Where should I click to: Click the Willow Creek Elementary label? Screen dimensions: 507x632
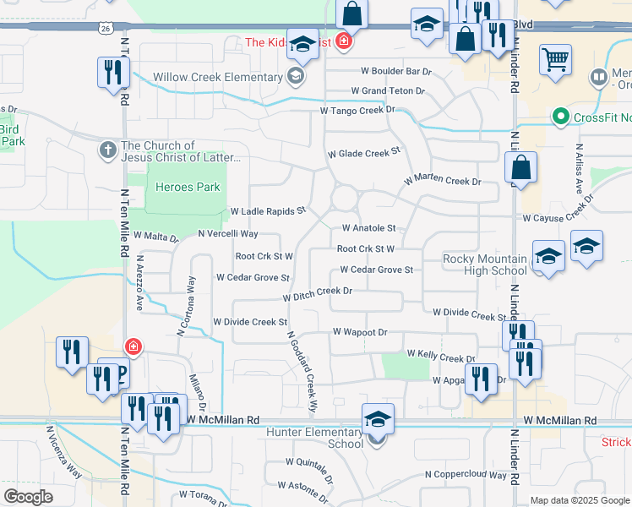coord(217,78)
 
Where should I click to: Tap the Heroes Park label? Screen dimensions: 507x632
coord(184,187)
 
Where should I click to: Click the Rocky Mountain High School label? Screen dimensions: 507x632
coord(486,264)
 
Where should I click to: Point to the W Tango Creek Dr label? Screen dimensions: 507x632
coord(357,111)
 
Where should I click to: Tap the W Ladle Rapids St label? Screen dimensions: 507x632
coord(267,210)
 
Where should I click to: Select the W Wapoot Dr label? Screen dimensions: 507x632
coord(360,333)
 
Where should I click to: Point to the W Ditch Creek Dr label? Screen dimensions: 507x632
coord(317,292)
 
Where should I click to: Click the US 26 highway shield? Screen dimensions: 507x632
coord(103,28)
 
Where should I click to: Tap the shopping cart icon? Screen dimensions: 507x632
coord(555,59)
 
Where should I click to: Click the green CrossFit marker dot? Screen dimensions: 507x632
coord(559,117)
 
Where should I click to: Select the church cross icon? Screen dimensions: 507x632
coord(107,150)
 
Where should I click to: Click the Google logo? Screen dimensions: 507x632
coord(29,497)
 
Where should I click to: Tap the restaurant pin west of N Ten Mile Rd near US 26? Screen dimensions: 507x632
coord(112,72)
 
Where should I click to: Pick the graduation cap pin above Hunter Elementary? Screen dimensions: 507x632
coord(378,418)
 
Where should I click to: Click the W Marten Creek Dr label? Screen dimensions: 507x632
coord(442,182)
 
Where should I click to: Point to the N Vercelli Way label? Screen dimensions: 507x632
coord(227,233)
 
